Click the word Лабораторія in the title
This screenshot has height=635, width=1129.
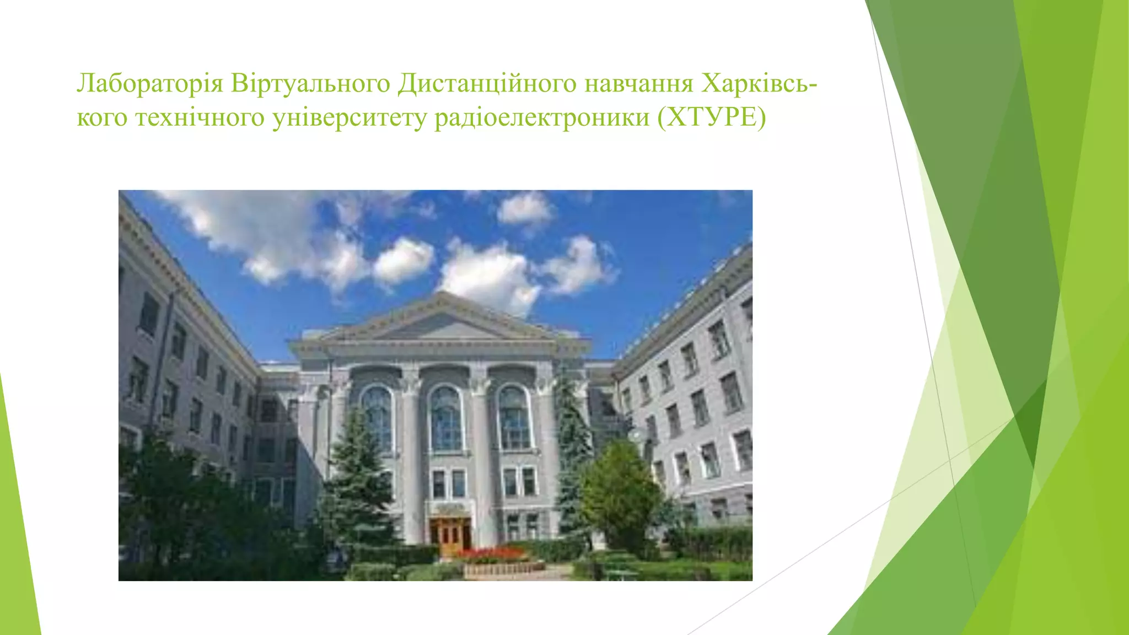click(149, 84)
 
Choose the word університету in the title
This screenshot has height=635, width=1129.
click(350, 117)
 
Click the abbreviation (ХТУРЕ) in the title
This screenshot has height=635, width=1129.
click(712, 117)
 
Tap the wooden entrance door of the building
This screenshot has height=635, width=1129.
click(451, 533)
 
